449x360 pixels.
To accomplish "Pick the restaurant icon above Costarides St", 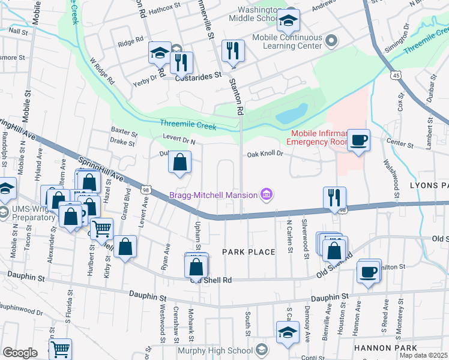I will click(180, 61).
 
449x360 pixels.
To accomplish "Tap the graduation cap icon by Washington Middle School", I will click(288, 21).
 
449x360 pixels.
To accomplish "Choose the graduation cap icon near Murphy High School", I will click(288, 333).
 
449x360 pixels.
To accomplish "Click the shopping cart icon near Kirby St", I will click(102, 228).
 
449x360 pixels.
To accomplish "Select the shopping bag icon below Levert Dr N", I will click(179, 162).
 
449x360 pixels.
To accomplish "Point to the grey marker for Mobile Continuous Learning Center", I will click(331, 41).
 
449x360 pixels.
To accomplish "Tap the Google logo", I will click(19, 353).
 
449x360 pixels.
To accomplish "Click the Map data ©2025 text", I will click(423, 355).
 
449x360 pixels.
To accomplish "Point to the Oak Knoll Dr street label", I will click(264, 154).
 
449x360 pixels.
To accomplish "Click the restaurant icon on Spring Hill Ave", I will click(334, 197).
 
